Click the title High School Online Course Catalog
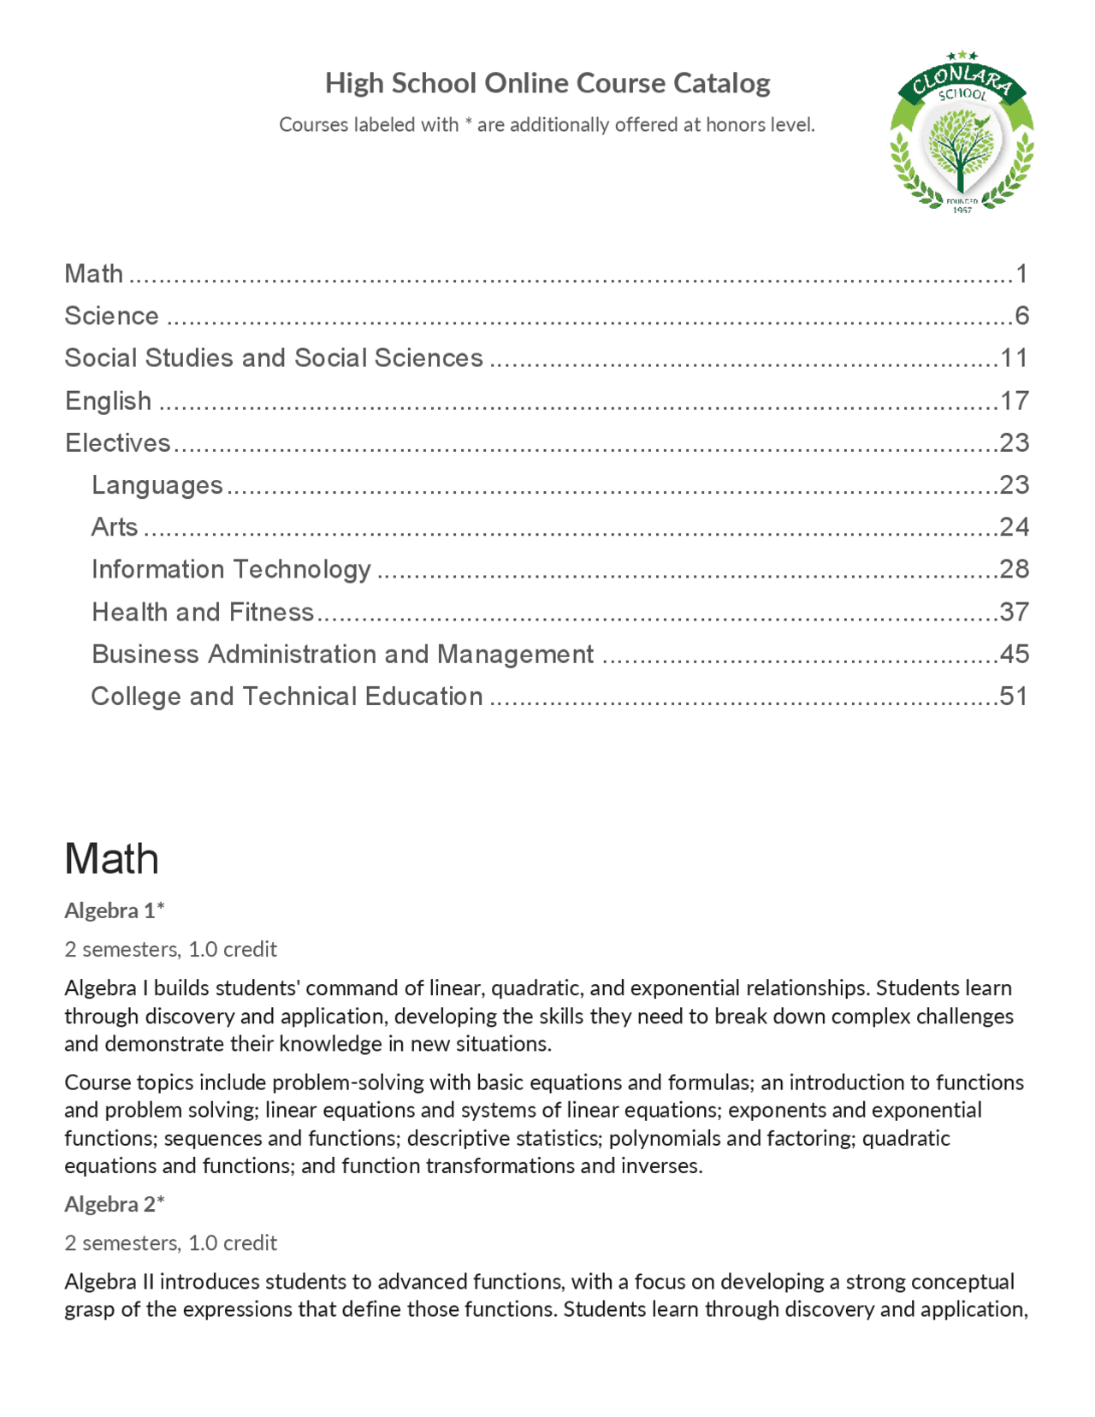click(x=547, y=83)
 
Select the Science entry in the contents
click(x=112, y=316)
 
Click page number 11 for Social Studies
click(x=1014, y=358)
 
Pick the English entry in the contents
click(x=109, y=400)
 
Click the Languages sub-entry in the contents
click(x=157, y=485)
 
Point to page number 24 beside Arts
click(x=1014, y=526)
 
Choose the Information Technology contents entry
click(x=231, y=569)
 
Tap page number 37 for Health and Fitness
click(x=1014, y=612)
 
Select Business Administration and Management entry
click(x=342, y=654)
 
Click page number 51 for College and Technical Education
click(x=1014, y=696)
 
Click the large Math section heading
click(x=112, y=858)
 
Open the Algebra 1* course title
click(x=115, y=910)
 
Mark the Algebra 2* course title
click(x=115, y=1204)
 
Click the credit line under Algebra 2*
click(x=171, y=1242)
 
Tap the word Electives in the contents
click(x=118, y=442)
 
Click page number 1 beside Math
click(x=1021, y=274)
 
